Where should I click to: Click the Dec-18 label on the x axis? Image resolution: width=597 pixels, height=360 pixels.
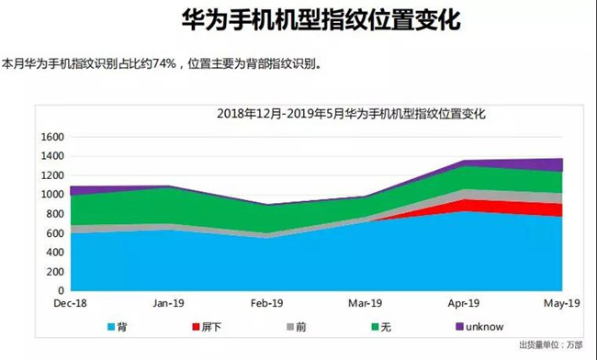pyautogui.click(x=70, y=302)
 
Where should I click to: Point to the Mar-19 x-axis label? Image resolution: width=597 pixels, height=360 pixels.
pyautogui.click(x=366, y=302)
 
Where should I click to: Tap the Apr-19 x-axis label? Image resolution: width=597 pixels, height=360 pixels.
pyautogui.click(x=464, y=302)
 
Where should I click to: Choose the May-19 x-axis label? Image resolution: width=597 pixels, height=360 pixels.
pyautogui.click(x=560, y=302)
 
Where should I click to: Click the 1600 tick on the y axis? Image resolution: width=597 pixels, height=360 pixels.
pyautogui.click(x=53, y=137)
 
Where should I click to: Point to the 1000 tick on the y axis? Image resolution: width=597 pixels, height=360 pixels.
pyautogui.click(x=53, y=195)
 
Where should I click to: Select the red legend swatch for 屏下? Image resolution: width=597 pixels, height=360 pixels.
pyautogui.click(x=197, y=326)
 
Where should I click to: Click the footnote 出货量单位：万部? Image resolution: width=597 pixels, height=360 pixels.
pyautogui.click(x=550, y=345)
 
